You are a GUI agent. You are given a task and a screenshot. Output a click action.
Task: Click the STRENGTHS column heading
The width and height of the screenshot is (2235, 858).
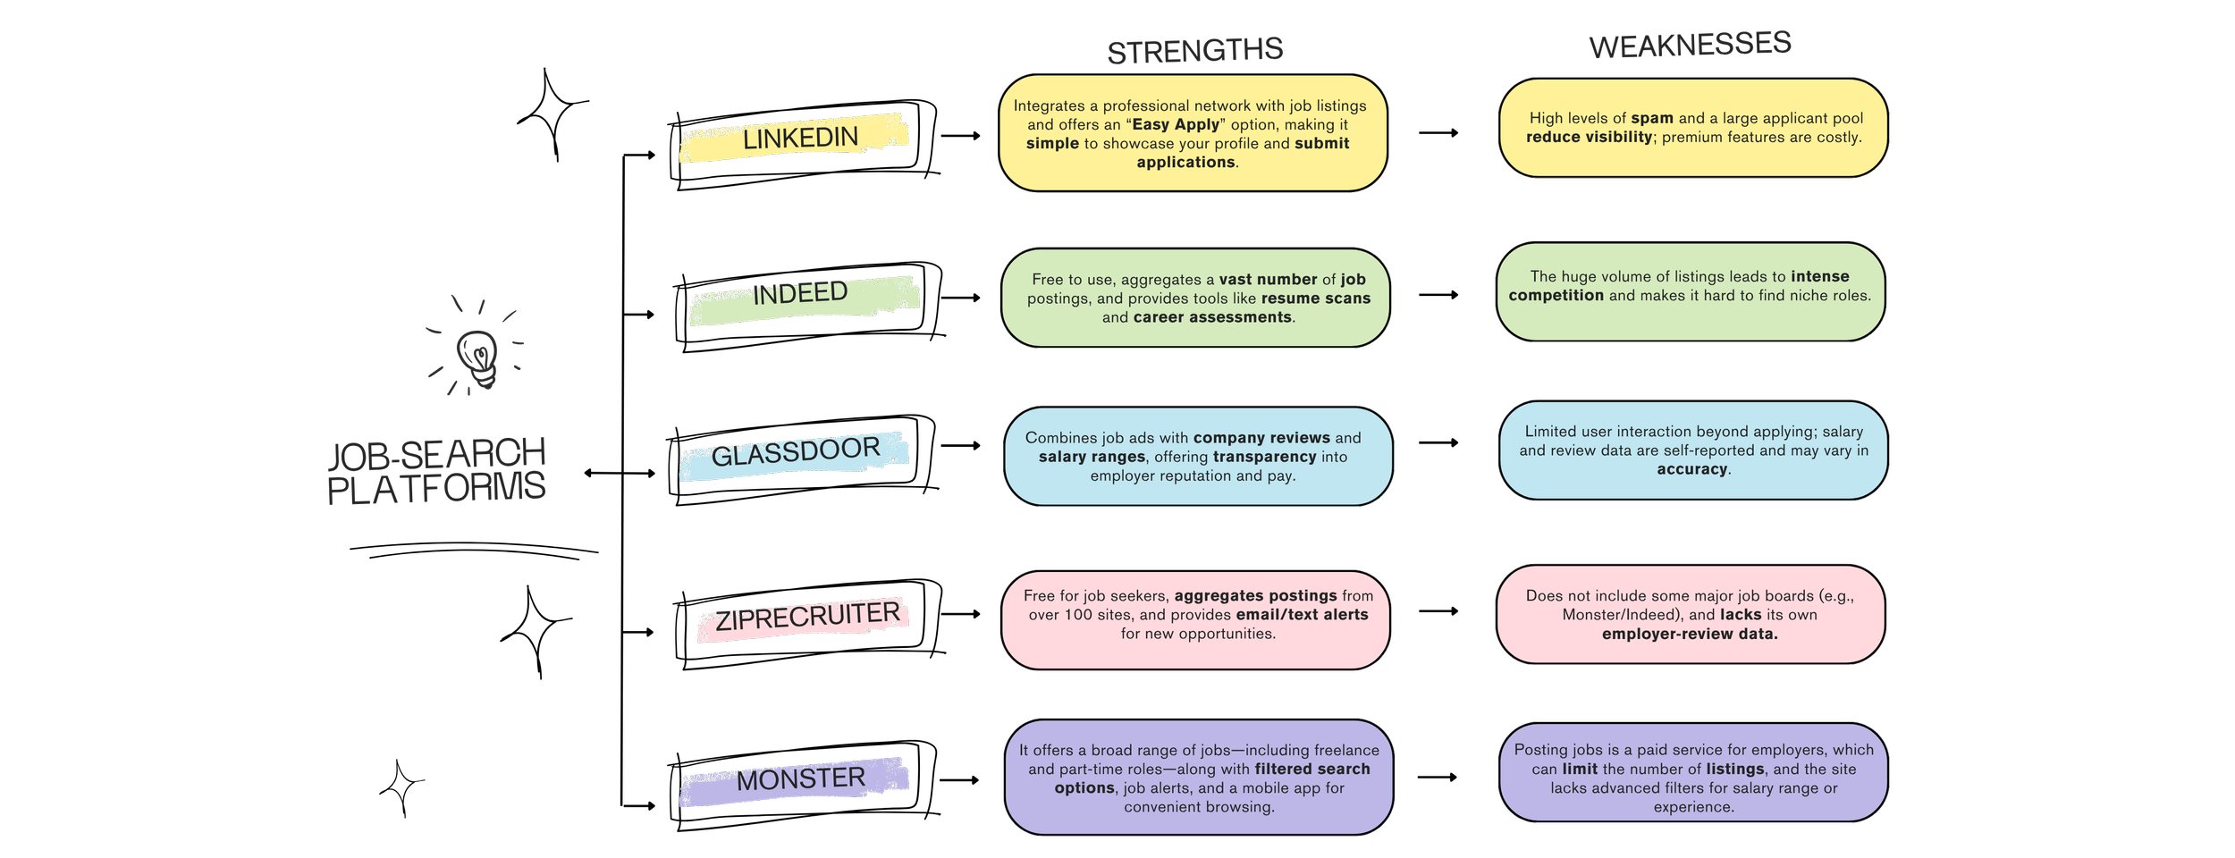1195,51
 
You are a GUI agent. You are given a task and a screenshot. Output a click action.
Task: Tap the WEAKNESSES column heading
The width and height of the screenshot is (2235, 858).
1690,45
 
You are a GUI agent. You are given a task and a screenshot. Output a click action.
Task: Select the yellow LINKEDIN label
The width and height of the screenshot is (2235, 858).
800,138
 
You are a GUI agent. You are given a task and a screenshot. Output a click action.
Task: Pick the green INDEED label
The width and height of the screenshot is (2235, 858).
800,293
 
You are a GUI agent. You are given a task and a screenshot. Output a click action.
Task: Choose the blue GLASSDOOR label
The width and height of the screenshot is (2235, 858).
796,451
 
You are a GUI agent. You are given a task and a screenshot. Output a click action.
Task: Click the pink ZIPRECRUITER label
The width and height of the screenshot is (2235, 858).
807,616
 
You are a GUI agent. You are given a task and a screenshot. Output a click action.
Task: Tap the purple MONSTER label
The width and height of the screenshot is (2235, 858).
801,778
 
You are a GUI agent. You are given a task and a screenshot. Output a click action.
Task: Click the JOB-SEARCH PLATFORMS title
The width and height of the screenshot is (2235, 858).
436,471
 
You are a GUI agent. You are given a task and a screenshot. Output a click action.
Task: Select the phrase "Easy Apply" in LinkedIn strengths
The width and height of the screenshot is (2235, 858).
1176,124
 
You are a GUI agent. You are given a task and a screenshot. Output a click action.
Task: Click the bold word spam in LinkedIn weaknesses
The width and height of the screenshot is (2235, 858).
1651,118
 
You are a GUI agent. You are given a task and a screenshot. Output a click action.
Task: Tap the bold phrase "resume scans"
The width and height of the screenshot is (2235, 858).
1315,299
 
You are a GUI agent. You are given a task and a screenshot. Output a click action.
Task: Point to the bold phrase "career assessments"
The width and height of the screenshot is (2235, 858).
1212,317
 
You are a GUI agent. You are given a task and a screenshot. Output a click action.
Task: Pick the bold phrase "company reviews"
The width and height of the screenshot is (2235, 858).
1261,438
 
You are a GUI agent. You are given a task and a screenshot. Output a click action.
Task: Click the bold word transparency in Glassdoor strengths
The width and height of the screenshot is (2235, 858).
1264,457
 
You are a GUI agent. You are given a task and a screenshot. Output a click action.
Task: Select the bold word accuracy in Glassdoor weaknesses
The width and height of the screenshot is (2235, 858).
1691,469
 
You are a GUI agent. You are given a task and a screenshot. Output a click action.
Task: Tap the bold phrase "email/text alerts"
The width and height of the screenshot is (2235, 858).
1302,615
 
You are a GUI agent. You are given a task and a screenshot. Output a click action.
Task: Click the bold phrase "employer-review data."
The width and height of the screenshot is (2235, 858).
1690,634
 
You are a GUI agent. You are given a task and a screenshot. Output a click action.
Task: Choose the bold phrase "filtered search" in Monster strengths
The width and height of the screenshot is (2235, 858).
1312,769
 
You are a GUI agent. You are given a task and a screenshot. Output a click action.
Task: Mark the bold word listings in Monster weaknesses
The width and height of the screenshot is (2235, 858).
1734,769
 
